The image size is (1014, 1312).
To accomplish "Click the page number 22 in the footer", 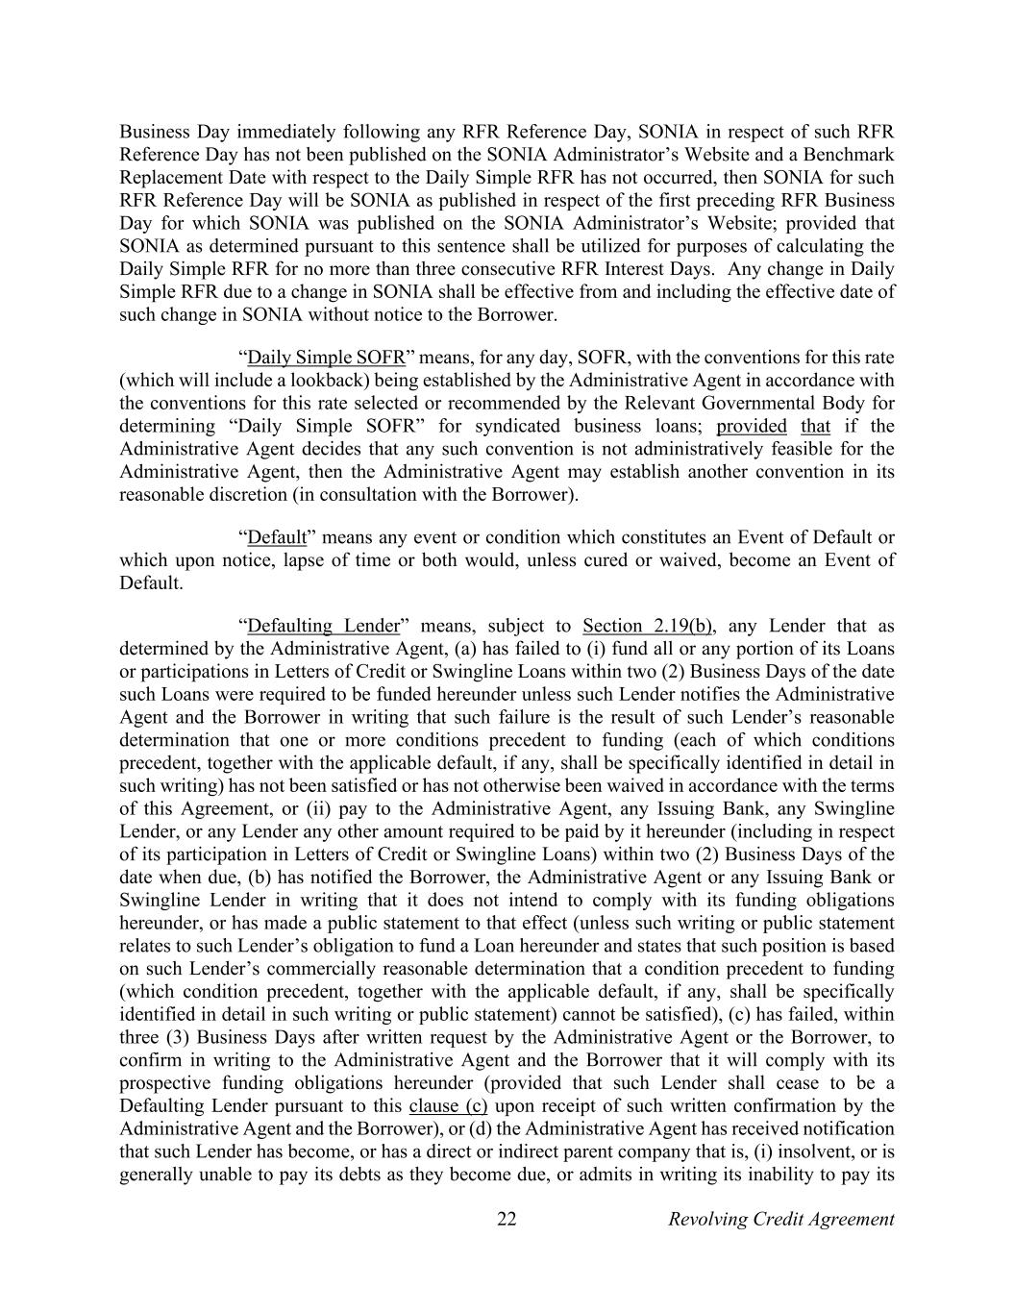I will coord(507,1219).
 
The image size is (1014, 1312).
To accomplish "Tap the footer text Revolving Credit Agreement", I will coord(780,1219).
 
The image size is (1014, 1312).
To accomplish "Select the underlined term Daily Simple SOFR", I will coord(326,358).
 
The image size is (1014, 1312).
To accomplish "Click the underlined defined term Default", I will coord(277,536).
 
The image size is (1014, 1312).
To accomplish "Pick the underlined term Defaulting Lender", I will coord(323,626).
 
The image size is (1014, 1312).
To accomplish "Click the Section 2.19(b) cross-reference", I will coord(647,626).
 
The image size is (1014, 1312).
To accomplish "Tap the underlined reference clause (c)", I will coord(448,1105).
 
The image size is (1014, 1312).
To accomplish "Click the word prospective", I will coord(166,1083).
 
